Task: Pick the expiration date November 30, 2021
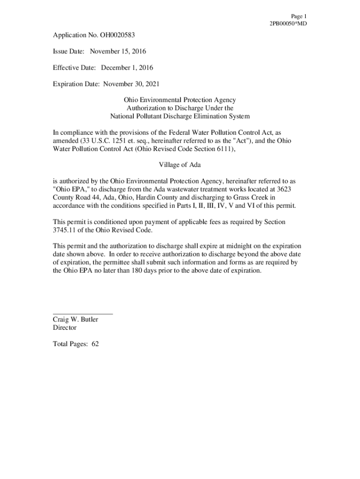pos(131,84)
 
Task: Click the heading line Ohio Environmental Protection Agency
pos(180,100)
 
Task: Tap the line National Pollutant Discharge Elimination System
pos(180,116)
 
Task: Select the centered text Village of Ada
pos(180,165)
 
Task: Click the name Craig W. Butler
pos(75,319)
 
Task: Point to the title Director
pos(65,327)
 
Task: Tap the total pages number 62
pos(95,344)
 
